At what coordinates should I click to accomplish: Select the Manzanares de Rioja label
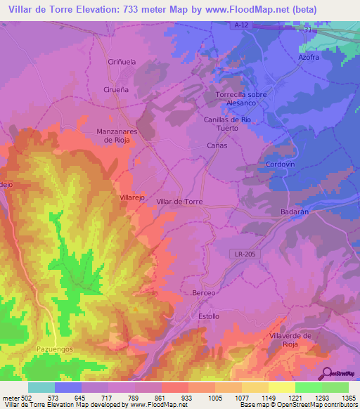[119, 135]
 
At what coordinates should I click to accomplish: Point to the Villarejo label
[131, 198]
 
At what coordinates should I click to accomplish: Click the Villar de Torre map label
[179, 202]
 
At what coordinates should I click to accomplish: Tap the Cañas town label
[217, 145]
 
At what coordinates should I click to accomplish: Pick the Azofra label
[313, 57]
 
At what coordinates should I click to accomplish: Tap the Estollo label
[209, 317]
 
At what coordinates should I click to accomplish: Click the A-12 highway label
[262, 25]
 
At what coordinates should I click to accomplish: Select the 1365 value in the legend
[345, 398]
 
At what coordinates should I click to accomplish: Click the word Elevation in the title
[109, 9]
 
